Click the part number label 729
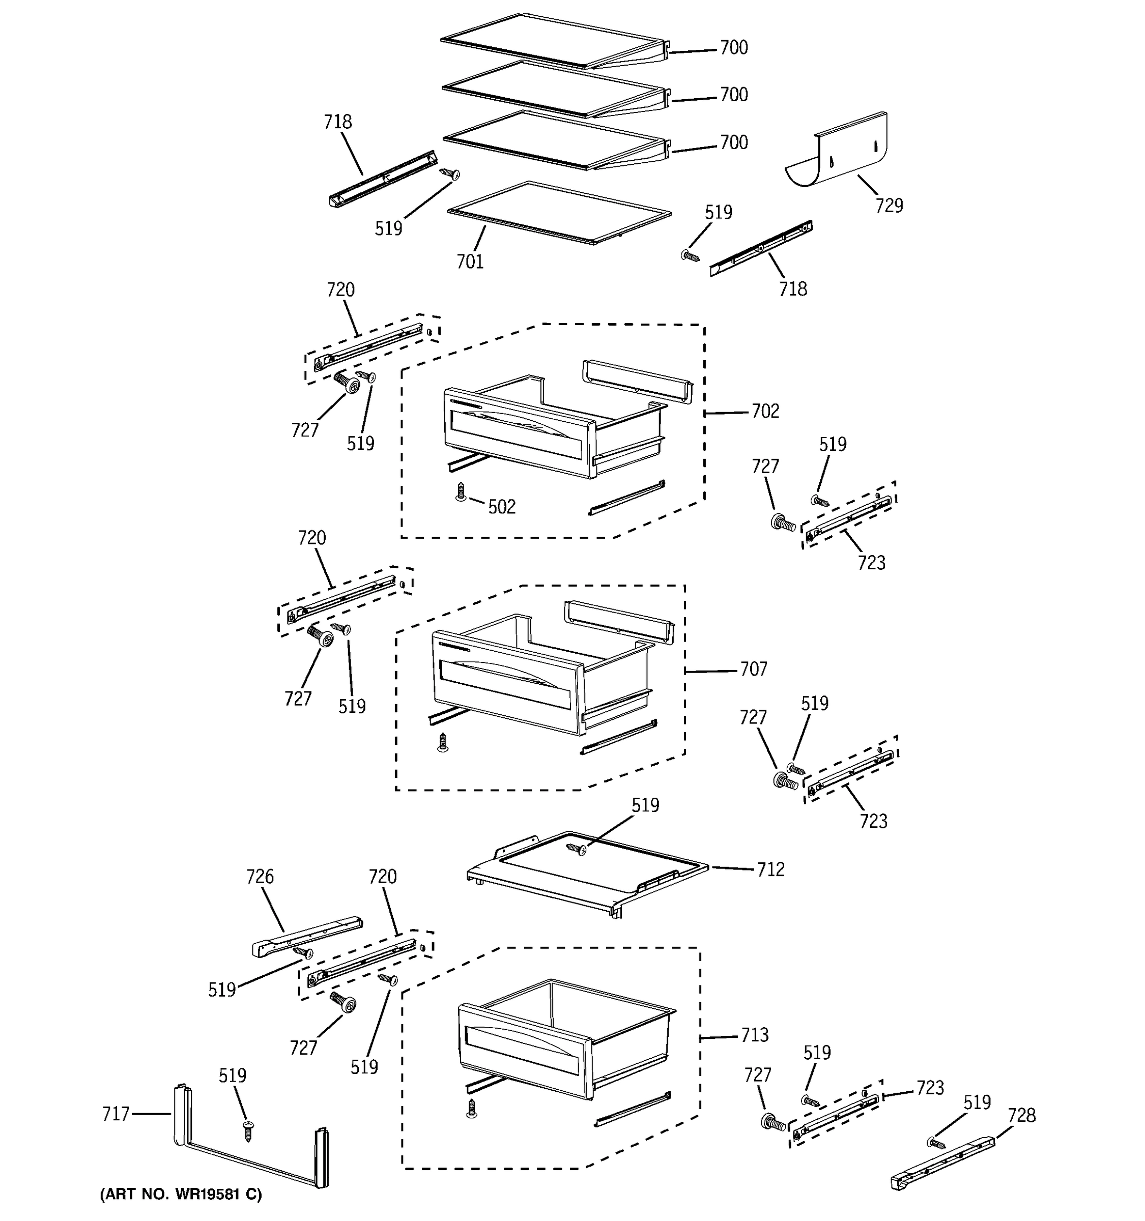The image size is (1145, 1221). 889,205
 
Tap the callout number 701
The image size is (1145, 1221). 470,261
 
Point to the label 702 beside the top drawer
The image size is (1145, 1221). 765,411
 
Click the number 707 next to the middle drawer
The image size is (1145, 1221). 753,669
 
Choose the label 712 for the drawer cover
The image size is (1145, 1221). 770,869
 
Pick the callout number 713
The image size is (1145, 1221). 754,1035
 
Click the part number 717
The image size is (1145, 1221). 116,1114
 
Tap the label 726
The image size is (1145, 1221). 260,877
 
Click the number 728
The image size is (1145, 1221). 1021,1115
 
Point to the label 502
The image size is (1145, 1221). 502,507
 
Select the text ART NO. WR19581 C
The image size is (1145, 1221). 181,1194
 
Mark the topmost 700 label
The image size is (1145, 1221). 733,48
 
